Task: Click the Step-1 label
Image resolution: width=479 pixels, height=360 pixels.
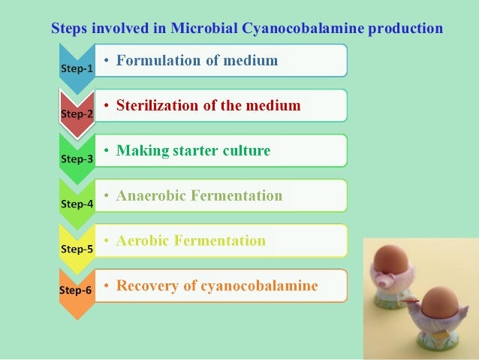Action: click(x=76, y=68)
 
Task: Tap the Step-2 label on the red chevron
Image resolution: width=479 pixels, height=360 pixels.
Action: click(x=76, y=113)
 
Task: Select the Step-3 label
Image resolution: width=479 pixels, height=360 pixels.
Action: click(x=76, y=159)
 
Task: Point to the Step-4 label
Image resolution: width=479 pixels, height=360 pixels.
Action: click(x=76, y=204)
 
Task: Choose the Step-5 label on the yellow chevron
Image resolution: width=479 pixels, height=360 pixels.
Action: click(x=76, y=249)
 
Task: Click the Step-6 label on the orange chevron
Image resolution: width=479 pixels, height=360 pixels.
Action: click(x=76, y=289)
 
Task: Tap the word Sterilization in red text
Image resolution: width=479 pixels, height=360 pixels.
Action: click(x=157, y=105)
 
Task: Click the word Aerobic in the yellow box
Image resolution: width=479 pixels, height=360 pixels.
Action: click(x=143, y=241)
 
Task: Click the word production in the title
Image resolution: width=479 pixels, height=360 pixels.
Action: click(x=406, y=29)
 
